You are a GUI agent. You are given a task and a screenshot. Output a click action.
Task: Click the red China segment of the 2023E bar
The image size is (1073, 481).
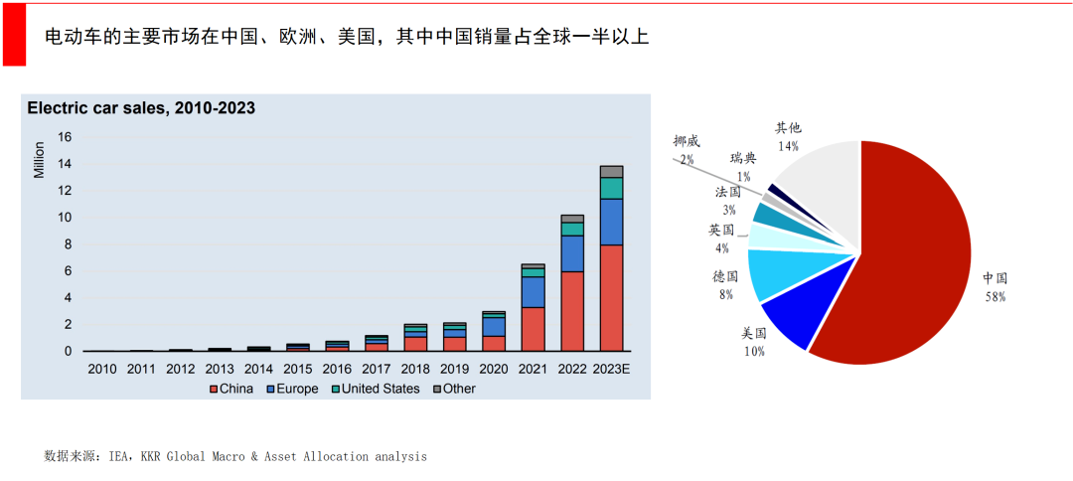coord(611,297)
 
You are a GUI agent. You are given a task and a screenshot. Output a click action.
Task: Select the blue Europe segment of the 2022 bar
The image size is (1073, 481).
coord(572,253)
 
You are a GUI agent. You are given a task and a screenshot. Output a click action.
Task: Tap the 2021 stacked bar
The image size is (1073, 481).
coord(534,307)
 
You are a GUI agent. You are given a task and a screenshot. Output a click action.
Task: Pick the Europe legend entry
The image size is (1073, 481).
coord(290,389)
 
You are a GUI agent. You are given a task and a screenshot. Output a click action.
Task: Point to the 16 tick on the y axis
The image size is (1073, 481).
coord(65,137)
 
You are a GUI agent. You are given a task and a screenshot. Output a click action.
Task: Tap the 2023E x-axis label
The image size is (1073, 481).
coord(612,369)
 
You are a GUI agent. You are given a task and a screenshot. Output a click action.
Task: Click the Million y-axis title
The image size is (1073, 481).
coord(39,160)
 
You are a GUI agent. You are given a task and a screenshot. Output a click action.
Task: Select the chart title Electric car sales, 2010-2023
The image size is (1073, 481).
coord(141,108)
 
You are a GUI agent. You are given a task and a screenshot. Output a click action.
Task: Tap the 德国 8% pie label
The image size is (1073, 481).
coord(724,284)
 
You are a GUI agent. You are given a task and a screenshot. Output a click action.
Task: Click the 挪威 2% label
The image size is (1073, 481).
coord(686,150)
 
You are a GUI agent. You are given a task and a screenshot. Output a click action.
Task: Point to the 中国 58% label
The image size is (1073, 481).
coord(995,287)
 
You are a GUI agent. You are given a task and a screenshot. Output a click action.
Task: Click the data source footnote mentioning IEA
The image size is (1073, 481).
coord(235,456)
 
